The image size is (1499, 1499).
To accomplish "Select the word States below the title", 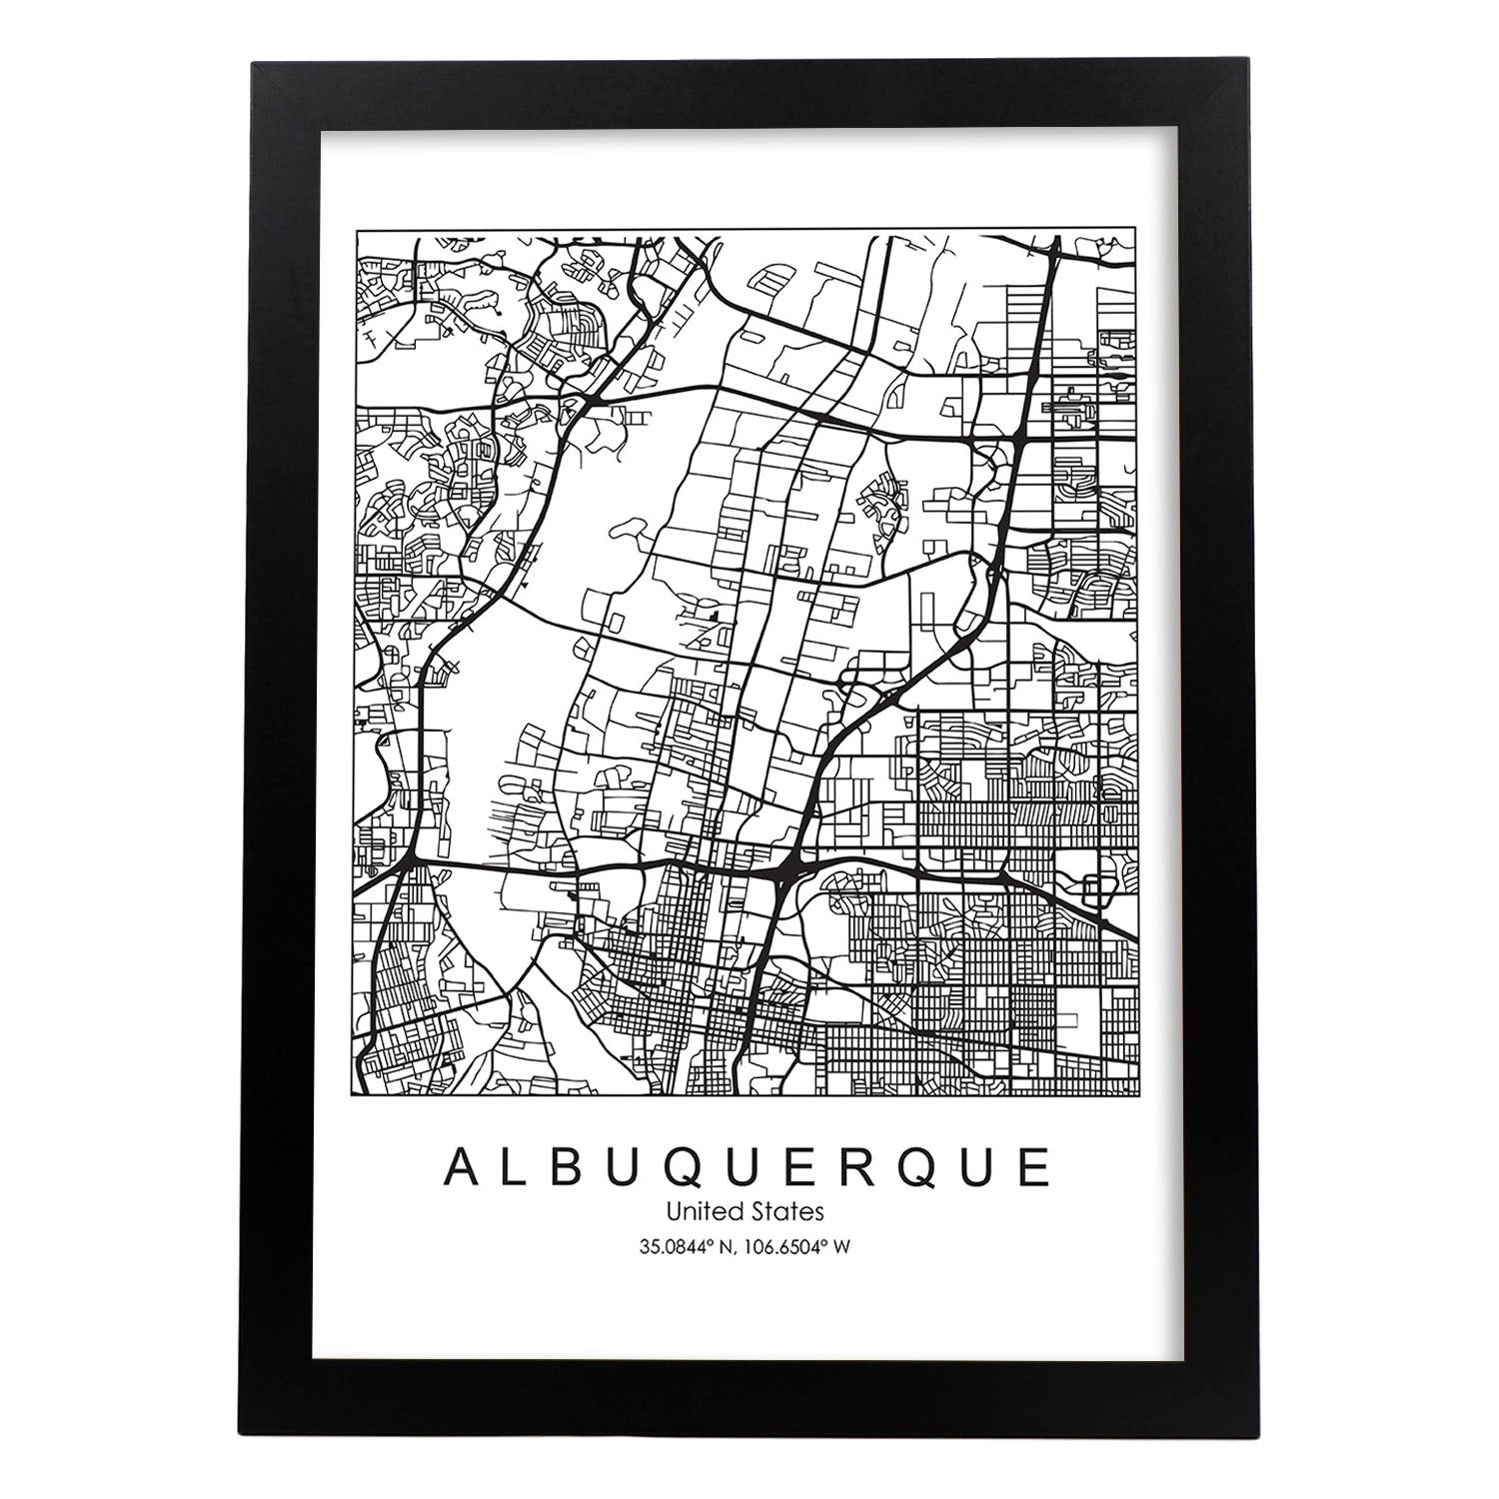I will [788, 1211].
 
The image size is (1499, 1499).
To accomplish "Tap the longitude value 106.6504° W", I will [799, 1246].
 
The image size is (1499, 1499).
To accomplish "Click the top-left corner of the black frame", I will [253, 63].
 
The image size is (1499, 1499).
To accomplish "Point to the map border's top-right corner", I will [1140, 231].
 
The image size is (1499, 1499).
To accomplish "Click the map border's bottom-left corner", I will [357, 1095].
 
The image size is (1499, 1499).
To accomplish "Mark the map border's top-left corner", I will [357, 231].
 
